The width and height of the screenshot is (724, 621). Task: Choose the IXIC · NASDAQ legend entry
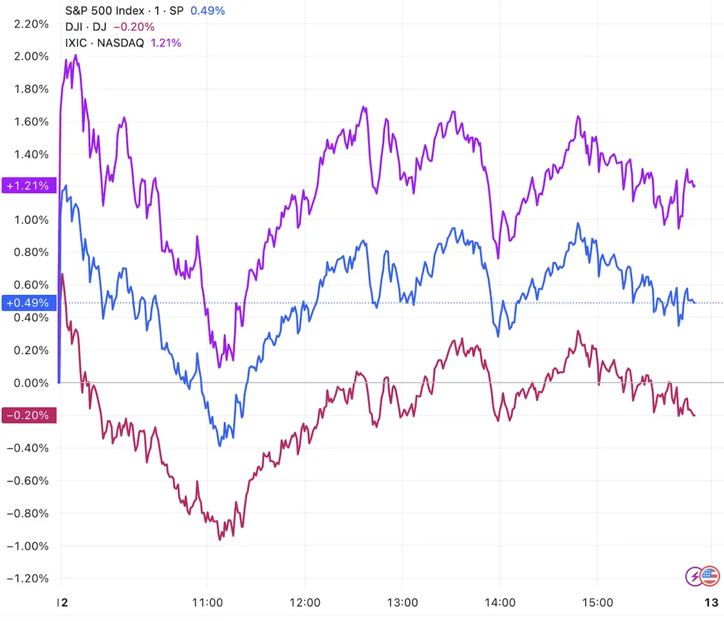tap(106, 43)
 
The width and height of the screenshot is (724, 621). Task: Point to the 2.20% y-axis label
tap(31, 24)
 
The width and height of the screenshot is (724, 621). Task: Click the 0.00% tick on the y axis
tap(31, 383)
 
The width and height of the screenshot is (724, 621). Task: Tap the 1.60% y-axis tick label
tap(31, 122)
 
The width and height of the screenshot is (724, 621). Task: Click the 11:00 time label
tap(207, 603)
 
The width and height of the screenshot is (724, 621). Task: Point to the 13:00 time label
tap(402, 603)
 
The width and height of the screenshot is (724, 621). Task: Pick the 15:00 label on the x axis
tap(597, 603)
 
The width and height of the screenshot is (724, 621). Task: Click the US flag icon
tap(710, 576)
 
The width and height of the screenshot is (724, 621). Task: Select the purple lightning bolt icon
tap(694, 576)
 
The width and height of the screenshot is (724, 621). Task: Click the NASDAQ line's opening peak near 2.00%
tap(76, 55)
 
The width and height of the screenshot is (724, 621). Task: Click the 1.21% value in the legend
tap(166, 43)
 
